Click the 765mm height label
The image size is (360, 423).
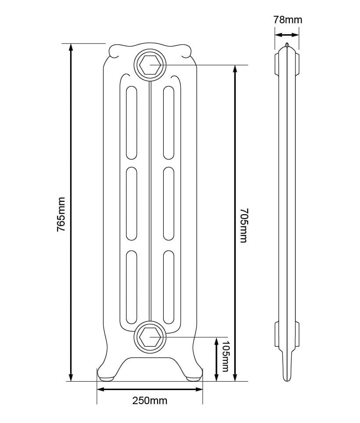coord(61,214)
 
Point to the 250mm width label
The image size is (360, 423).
coord(150,401)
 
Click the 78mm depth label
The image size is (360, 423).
coord(288,20)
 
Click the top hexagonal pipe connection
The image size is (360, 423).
coord(150,65)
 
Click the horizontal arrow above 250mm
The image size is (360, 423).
coord(150,389)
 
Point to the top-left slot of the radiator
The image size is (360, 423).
coord(131,122)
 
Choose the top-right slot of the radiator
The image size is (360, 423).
coord(169,122)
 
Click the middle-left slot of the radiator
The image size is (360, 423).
coord(131,204)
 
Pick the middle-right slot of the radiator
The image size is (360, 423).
coord(169,204)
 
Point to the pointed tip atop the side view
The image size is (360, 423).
coord(287,45)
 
